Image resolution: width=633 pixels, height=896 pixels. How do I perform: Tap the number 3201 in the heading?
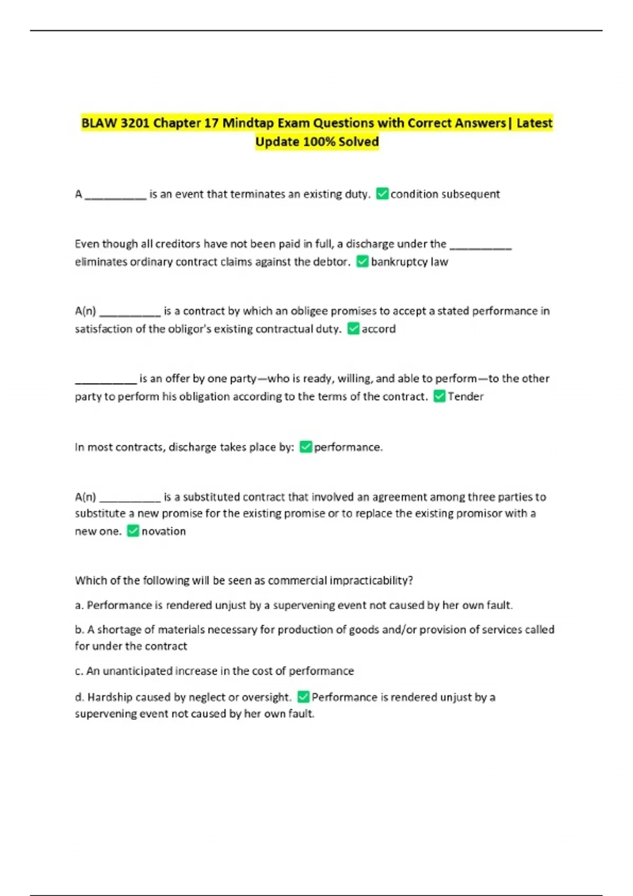135,123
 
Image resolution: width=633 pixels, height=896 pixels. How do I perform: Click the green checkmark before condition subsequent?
382,194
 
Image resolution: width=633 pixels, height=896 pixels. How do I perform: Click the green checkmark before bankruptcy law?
362,261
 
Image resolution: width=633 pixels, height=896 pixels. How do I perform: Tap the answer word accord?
378,329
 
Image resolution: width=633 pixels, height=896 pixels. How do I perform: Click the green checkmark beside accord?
353,329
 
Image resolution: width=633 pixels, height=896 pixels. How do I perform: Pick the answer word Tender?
465,396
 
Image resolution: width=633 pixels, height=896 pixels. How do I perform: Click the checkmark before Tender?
439,396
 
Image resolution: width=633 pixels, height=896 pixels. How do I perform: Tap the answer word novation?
164,531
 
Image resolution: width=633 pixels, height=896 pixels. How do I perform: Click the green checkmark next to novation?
133,531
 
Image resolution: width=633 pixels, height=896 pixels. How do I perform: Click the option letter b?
79,629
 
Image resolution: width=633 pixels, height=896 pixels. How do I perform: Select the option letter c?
79,671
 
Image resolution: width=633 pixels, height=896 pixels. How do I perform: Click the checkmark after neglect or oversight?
303,697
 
